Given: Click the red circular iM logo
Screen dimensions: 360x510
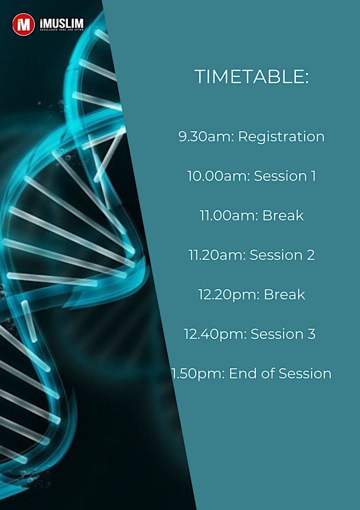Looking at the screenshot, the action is pos(23,25).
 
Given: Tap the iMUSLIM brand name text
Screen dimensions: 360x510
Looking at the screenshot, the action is pos(61,24).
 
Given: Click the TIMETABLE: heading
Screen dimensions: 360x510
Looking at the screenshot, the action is pos(251,77).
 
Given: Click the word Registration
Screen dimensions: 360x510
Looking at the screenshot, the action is pos(281,137).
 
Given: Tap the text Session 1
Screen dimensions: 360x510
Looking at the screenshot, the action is pos(284,176).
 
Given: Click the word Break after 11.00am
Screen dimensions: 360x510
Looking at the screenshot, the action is pos(283,215).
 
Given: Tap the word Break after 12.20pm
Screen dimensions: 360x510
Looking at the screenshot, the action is pos(284,294).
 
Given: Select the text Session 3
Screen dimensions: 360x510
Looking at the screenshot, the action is pos(283,334).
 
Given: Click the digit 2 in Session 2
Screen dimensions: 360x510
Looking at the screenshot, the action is pos(310,255).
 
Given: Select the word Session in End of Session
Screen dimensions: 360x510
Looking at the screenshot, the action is pos(305,374).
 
